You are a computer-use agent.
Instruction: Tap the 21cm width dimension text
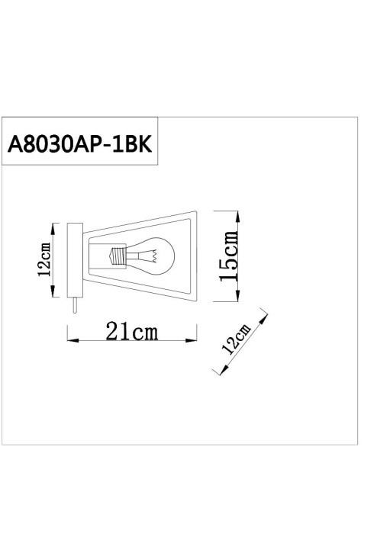(132, 330)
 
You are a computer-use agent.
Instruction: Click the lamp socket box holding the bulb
(97, 256)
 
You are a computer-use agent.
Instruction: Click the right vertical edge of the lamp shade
(196, 256)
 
